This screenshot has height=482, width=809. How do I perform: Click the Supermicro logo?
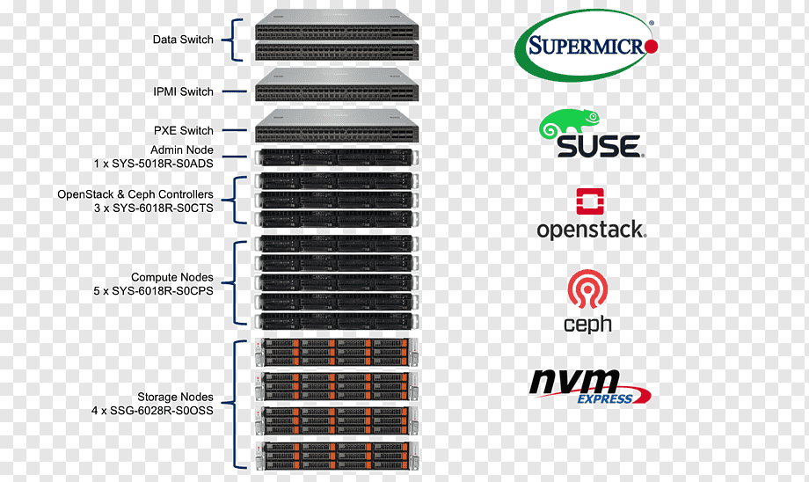tap(587, 46)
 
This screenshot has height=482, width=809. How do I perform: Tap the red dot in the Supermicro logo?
tap(651, 47)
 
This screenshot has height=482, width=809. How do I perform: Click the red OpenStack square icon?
tap(590, 201)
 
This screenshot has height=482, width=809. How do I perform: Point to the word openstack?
tap(591, 230)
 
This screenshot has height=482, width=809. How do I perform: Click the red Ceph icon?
tap(587, 289)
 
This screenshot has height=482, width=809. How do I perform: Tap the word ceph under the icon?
tap(587, 325)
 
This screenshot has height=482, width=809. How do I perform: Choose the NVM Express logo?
tap(590, 386)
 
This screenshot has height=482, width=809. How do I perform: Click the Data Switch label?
tap(183, 40)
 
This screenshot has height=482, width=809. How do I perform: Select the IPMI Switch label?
tap(183, 91)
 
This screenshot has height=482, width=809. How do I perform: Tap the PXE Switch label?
tap(184, 130)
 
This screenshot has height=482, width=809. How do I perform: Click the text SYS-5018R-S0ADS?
tap(163, 164)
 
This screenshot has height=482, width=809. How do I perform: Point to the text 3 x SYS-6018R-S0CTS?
tap(153, 208)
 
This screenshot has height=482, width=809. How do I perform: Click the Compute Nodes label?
tap(171, 277)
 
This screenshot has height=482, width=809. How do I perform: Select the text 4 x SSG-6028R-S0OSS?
tap(152, 411)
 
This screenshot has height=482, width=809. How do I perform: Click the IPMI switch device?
tap(337, 84)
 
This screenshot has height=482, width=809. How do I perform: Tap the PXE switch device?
tap(337, 126)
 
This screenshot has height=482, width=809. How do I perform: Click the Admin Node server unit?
tap(337, 157)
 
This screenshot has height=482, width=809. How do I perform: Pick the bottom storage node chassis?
tap(337, 456)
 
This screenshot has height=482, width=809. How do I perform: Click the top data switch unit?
tap(337, 25)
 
